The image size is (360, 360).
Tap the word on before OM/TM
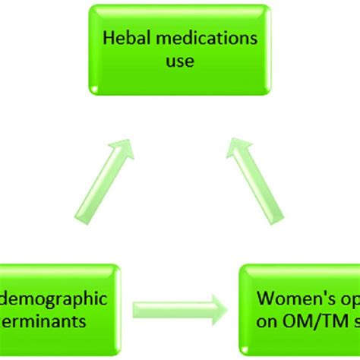click(x=268, y=321)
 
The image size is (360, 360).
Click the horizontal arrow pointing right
click(x=178, y=310)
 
